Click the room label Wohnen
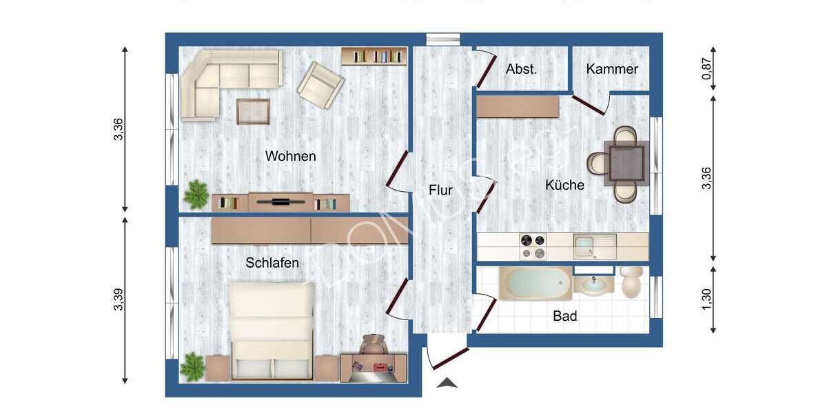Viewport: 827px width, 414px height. [290, 157]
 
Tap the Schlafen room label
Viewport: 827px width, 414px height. [272, 263]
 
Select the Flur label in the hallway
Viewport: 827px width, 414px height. [440, 190]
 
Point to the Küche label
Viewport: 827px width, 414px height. [564, 185]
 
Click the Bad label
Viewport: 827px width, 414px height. [565, 317]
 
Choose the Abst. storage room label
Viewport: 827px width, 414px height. [521, 69]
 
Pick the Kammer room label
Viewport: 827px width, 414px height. [612, 69]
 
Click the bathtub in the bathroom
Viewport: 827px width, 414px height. [535, 283]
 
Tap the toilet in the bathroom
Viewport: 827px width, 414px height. [631, 282]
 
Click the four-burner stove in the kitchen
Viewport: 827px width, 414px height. [532, 246]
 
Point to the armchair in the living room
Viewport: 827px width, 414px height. [320, 85]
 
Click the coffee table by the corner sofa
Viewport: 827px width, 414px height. [253, 111]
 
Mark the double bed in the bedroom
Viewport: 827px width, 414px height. [272, 329]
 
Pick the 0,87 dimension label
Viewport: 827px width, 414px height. [706, 69]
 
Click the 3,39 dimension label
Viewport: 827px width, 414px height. [118, 299]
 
